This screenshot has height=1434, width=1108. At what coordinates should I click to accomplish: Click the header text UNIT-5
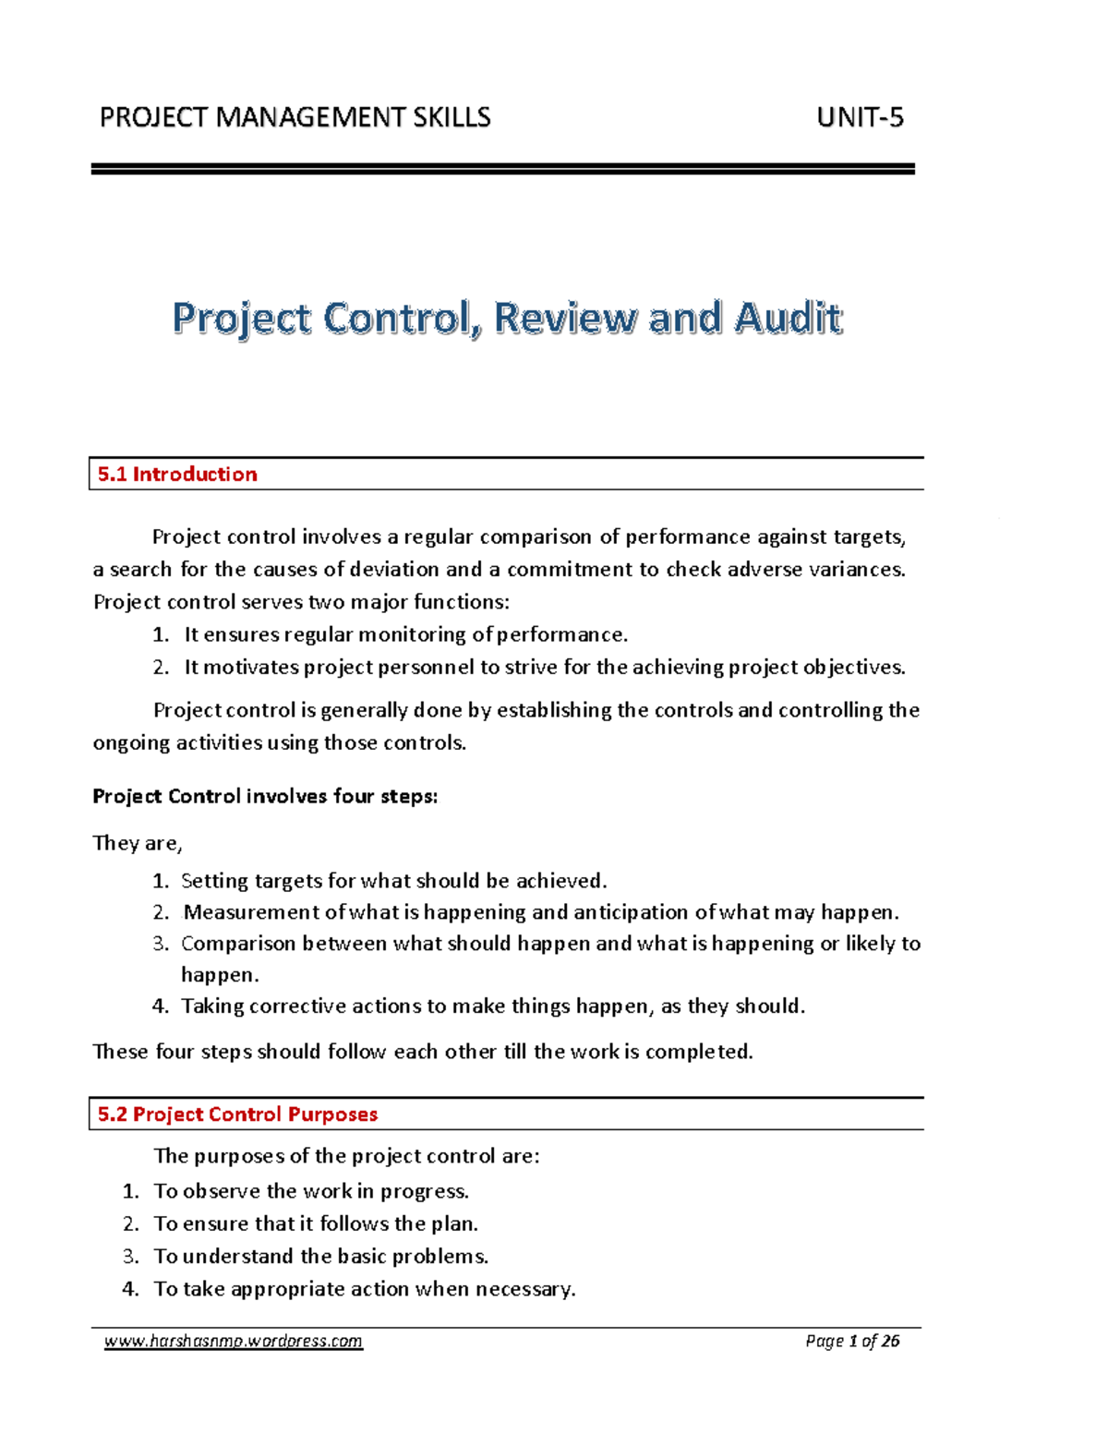(860, 118)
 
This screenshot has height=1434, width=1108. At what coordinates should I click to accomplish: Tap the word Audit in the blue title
(788, 319)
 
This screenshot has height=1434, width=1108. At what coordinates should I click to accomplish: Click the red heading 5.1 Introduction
(177, 475)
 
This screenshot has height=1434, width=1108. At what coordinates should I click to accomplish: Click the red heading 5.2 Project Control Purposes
(237, 1115)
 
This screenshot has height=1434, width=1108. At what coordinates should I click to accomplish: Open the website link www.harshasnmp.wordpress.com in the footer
(234, 1342)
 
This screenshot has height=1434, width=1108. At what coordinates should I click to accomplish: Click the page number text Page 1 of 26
(852, 1342)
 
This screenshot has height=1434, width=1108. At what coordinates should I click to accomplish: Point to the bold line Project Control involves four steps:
(265, 797)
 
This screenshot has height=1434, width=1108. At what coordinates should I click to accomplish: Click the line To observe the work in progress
(311, 1192)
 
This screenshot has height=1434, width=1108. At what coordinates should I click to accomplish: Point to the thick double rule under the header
(502, 169)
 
